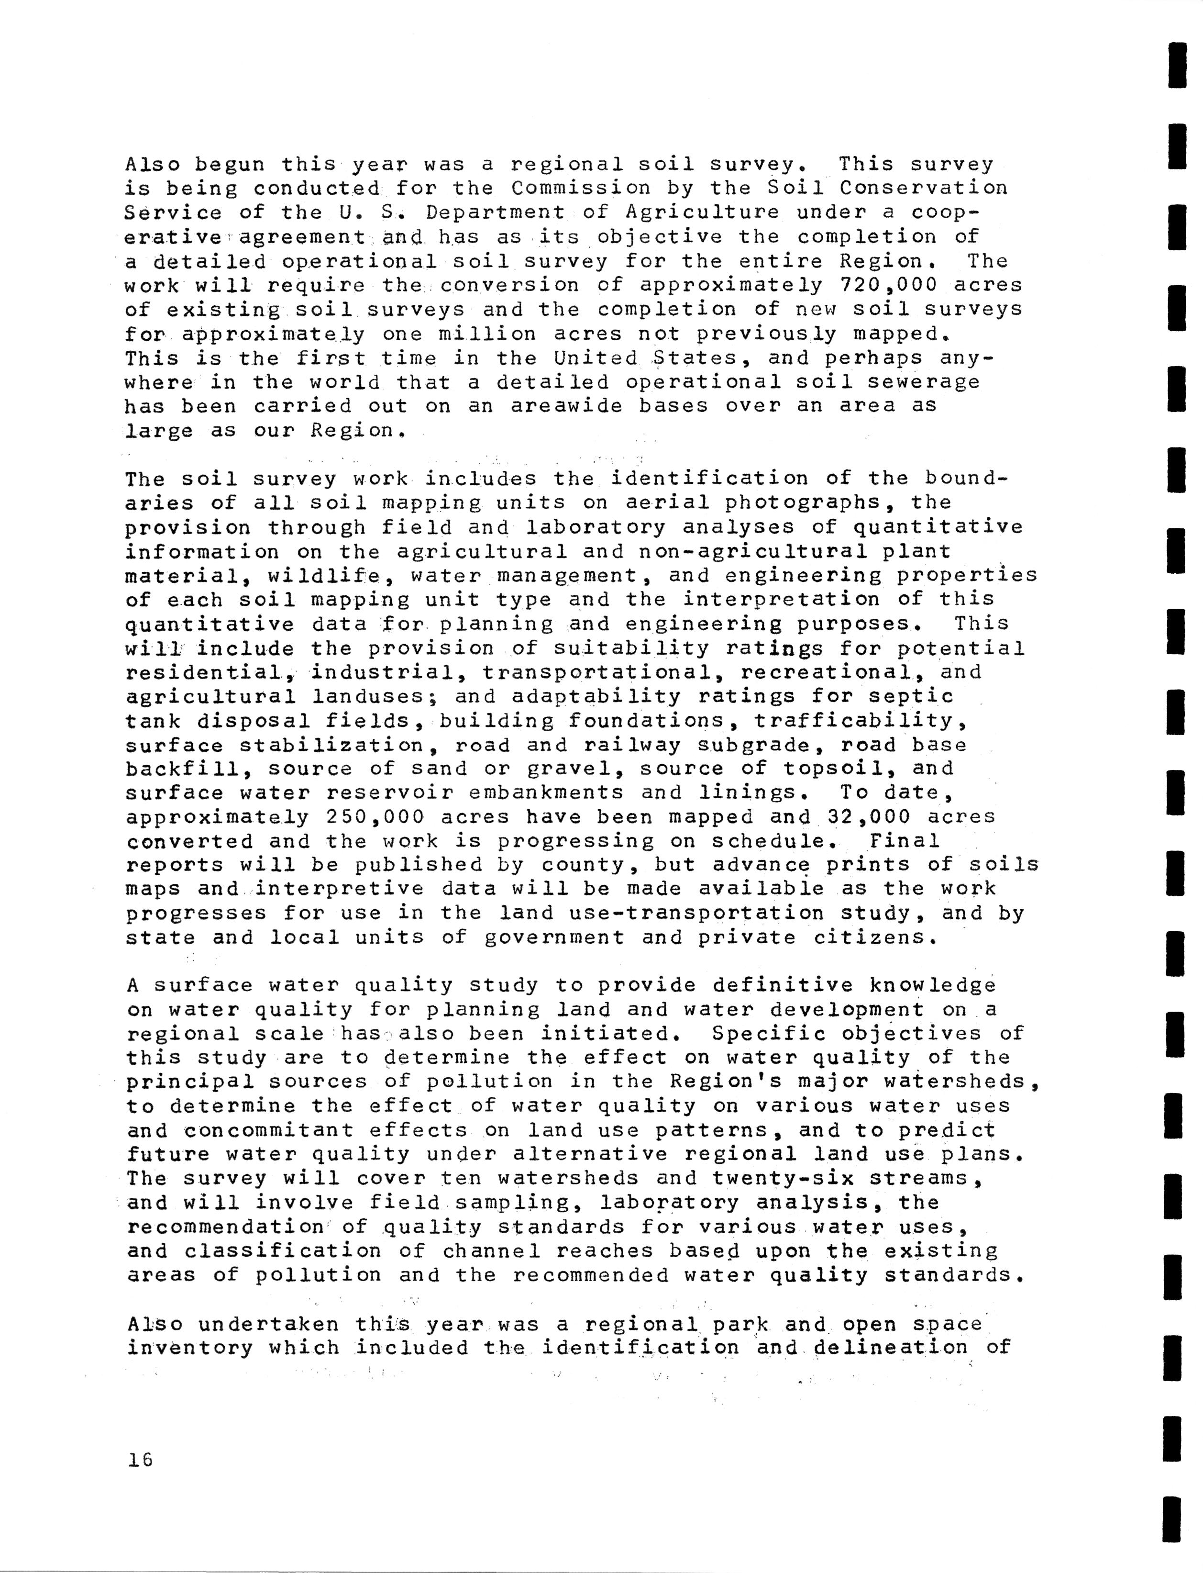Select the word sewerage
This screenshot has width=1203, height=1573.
point(924,382)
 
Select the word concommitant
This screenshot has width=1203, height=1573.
point(268,1131)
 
